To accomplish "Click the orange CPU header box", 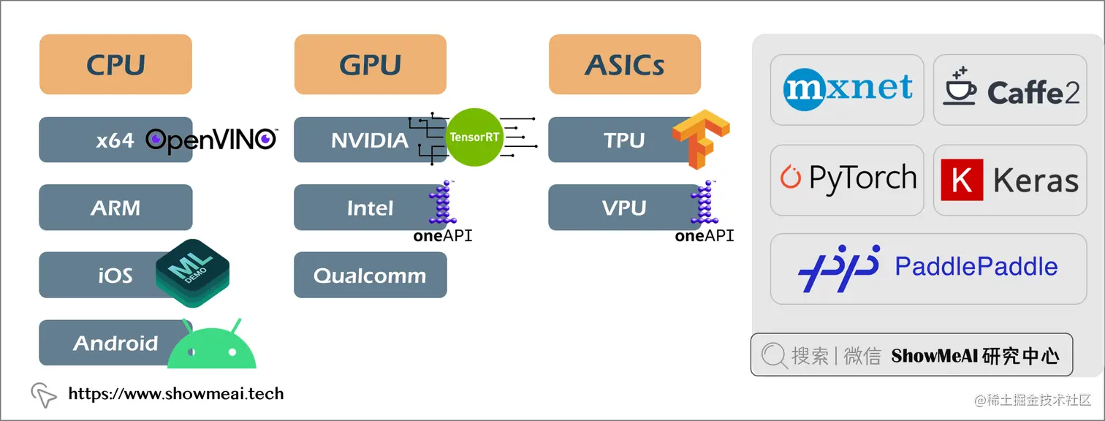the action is click(x=115, y=64).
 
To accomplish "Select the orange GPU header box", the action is click(x=370, y=64).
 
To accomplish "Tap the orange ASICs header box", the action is click(x=625, y=64).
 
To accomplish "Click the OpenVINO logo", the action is click(x=212, y=140).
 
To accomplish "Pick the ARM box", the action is click(x=115, y=208).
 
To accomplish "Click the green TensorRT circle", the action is click(x=474, y=137).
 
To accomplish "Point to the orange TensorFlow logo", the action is click(x=701, y=139).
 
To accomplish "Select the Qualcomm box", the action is click(x=370, y=275).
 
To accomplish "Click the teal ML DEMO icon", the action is click(x=192, y=273).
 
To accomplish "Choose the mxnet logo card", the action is click(x=847, y=89).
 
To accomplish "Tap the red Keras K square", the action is click(x=962, y=180).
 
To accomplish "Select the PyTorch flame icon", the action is click(x=790, y=176).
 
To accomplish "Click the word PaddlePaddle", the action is click(x=976, y=267).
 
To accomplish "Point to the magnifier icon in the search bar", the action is click(x=774, y=355).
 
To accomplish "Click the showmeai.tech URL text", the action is click(x=176, y=394).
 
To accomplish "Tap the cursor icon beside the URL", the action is click(x=44, y=395).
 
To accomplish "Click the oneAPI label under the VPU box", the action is click(x=705, y=236).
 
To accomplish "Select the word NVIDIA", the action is click(x=370, y=140).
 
